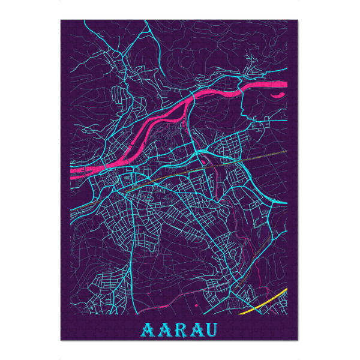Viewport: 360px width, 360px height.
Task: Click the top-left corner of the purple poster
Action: pos(61,20)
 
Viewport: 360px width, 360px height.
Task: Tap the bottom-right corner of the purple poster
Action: pos(298,340)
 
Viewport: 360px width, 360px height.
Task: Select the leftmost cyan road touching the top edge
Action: pos(85,22)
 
